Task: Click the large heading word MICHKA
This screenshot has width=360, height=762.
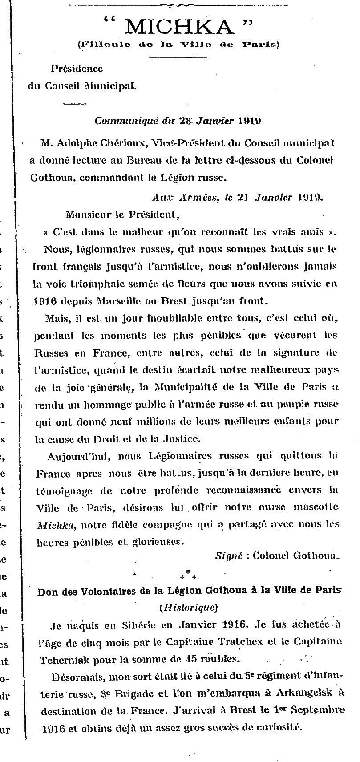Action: click(179, 28)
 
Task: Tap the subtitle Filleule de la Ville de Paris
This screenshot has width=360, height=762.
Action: click(178, 45)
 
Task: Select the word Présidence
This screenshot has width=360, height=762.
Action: click(77, 69)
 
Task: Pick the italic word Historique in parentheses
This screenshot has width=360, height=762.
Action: click(188, 608)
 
